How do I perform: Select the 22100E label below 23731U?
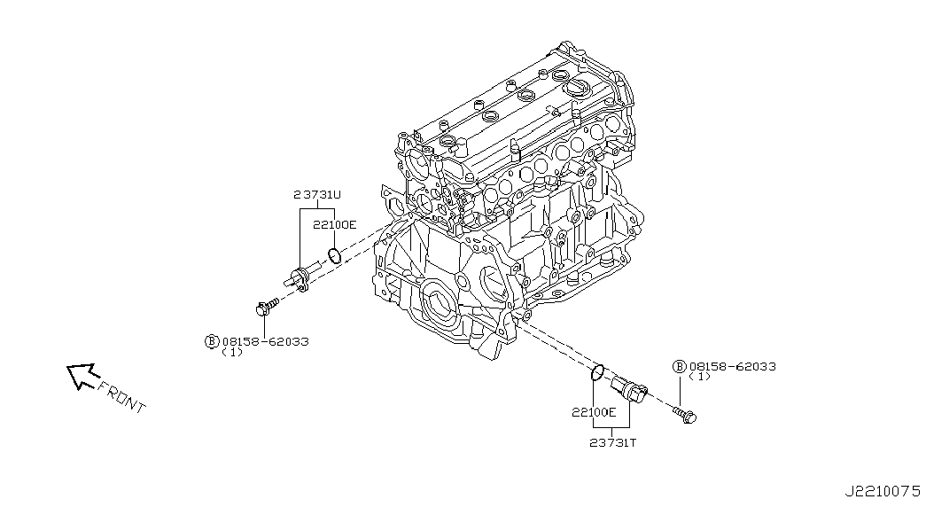tap(334, 225)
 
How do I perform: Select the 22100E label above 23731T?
tap(593, 413)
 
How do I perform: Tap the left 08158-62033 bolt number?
tap(265, 341)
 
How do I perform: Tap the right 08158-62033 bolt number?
tap(733, 366)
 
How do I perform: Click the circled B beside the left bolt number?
tap(212, 341)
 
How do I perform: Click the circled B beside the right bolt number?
tap(680, 366)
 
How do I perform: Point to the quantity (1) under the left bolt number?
tap(231, 352)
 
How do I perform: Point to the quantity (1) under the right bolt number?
tap(699, 377)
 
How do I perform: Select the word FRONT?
tap(121, 397)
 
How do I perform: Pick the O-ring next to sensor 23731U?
tap(334, 257)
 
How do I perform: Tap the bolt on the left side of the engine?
tap(264, 308)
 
